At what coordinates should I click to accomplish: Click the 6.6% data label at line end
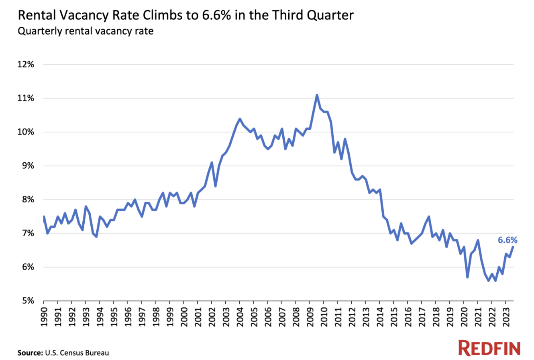pyautogui.click(x=508, y=240)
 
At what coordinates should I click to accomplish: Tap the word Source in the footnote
pyautogui.click(x=29, y=353)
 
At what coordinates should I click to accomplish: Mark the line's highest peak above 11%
pyautogui.click(x=317, y=95)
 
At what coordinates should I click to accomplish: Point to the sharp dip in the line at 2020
pyautogui.click(x=467, y=277)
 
